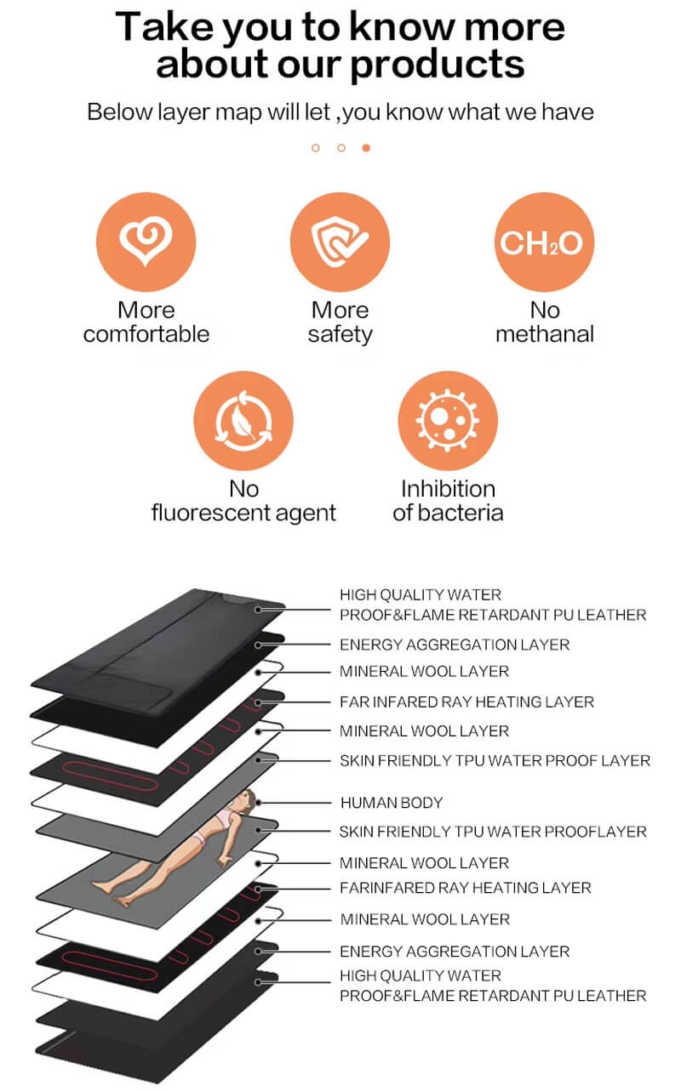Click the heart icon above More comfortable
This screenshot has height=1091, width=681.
click(146, 242)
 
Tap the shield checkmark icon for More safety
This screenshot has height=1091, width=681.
click(340, 242)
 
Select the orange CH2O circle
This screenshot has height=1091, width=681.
click(544, 242)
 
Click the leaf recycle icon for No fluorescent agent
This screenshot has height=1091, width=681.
click(243, 422)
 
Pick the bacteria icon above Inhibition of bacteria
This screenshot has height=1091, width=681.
click(448, 422)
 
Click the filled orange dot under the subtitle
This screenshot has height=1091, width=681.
click(366, 148)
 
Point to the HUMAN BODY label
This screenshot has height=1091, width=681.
click(392, 802)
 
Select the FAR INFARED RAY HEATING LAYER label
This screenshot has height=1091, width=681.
click(466, 702)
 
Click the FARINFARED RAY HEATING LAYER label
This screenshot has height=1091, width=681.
click(465, 888)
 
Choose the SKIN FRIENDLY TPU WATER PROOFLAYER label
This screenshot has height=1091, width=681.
click(493, 832)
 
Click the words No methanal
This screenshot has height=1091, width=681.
click(544, 322)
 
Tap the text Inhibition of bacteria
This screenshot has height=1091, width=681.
click(448, 501)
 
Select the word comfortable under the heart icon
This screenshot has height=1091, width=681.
click(146, 334)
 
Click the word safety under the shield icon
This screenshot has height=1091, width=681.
click(340, 334)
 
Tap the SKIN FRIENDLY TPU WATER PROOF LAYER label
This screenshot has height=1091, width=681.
click(495, 760)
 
